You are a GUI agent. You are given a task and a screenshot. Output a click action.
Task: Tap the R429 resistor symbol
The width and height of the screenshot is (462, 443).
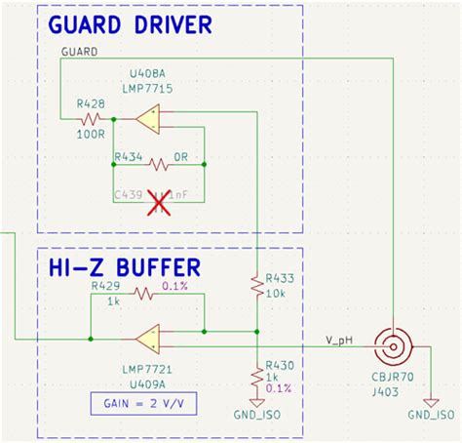[x=143, y=294]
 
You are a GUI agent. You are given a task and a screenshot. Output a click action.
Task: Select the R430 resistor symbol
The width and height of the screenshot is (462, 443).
[x=255, y=376]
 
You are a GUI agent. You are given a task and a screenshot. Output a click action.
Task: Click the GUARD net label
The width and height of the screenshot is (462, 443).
[x=78, y=51]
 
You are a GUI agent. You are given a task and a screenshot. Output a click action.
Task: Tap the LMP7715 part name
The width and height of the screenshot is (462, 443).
[x=147, y=86]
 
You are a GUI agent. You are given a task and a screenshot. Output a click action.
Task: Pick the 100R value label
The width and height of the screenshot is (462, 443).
[x=91, y=137]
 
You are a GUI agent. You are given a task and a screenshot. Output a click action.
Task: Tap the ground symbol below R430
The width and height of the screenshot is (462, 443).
[x=255, y=402]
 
